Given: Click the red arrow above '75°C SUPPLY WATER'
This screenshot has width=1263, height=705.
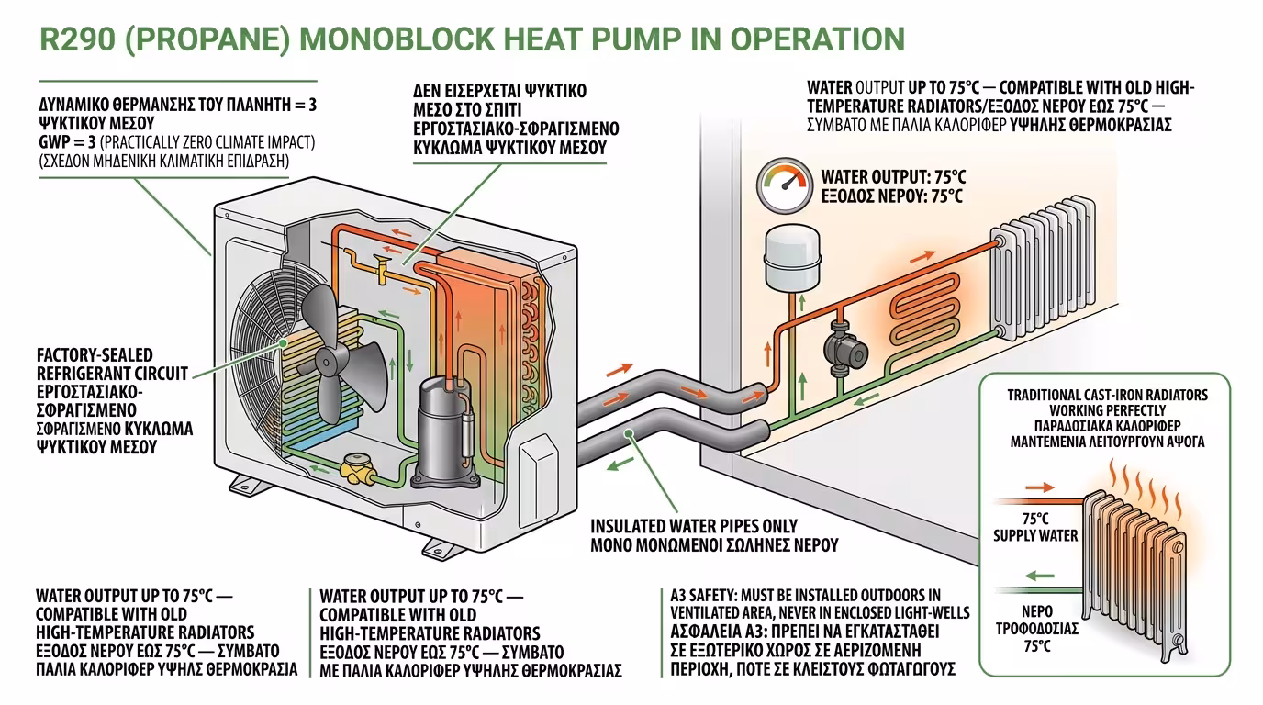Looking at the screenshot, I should tap(1039, 487).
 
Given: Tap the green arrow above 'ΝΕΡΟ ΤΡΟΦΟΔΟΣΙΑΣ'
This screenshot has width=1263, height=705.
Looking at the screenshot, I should tap(1039, 576).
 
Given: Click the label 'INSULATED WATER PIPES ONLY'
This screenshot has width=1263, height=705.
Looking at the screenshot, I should tap(694, 527).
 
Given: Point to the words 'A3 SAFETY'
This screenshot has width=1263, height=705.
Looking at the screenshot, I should tap(703, 596).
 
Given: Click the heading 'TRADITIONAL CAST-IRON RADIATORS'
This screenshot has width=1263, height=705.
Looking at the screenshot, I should tap(1107, 395).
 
